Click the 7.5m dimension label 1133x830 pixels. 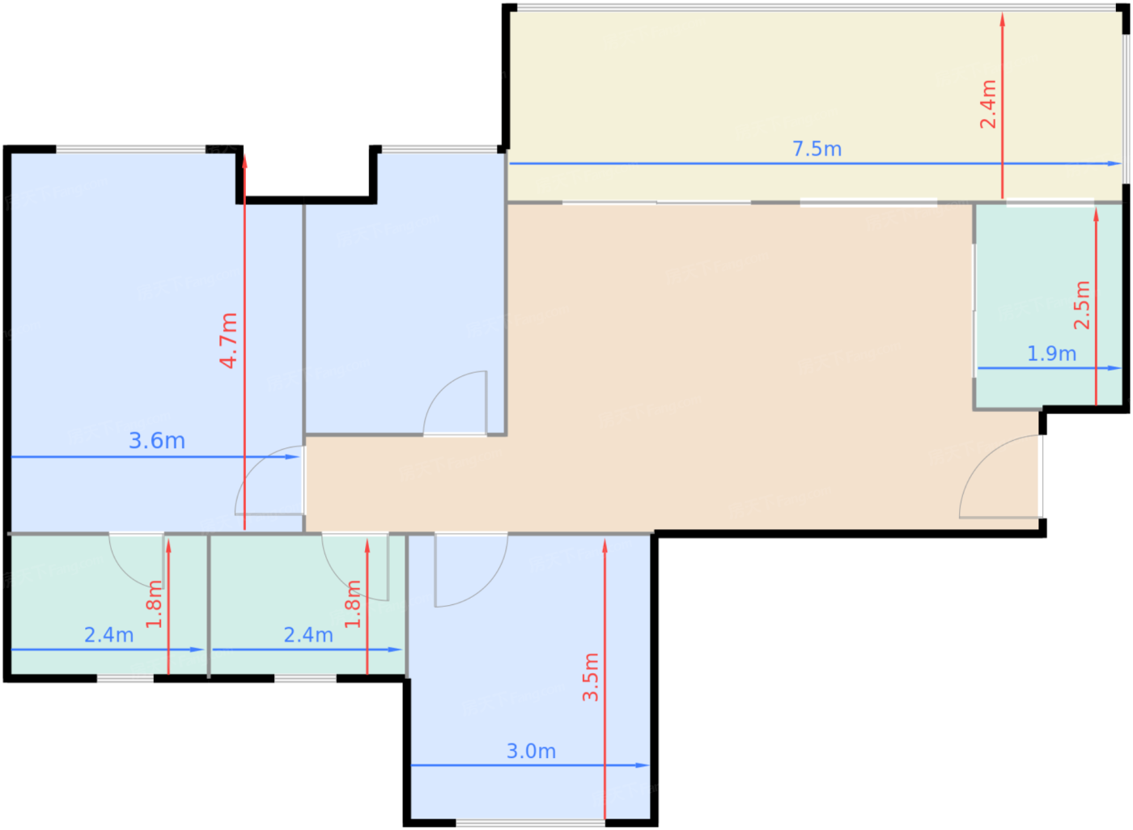(817, 149)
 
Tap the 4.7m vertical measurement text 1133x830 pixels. (228, 341)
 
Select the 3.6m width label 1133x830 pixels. (157, 441)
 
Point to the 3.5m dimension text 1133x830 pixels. (590, 677)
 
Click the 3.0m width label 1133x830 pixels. (531, 752)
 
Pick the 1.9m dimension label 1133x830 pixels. (1051, 354)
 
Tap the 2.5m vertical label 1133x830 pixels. (1082, 305)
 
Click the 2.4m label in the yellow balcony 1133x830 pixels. (988, 104)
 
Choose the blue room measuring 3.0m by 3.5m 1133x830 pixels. (530, 677)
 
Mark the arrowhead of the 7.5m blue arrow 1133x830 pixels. (1114, 163)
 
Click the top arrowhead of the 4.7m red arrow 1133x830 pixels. (244, 162)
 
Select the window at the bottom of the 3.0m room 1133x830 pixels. (530, 823)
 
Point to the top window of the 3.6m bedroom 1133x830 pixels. (130, 149)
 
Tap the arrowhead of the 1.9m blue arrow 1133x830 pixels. (1114, 368)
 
